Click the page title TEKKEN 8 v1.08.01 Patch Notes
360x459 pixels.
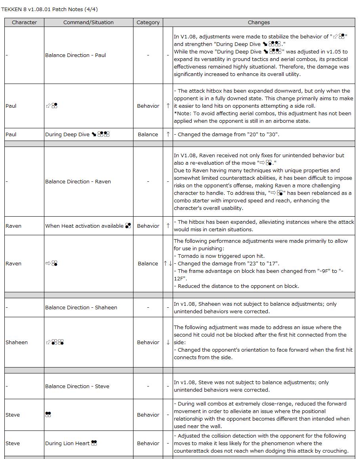click(x=50, y=9)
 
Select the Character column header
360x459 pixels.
click(x=24, y=23)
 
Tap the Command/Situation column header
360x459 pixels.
click(x=88, y=23)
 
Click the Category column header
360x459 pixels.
click(x=148, y=23)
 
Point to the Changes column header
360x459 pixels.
click(x=259, y=23)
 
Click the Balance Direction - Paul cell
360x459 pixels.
click(x=75, y=55)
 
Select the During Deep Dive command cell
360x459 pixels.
click(x=77, y=135)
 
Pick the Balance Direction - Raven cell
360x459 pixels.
click(x=78, y=182)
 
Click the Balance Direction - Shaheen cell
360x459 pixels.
click(x=81, y=308)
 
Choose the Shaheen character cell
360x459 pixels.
click(x=17, y=343)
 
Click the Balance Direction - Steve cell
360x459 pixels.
click(x=77, y=387)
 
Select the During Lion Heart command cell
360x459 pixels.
click(x=71, y=444)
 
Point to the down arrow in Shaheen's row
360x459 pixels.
click(x=168, y=343)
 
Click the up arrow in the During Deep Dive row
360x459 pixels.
click(x=168, y=135)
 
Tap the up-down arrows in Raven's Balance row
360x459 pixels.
click(x=168, y=264)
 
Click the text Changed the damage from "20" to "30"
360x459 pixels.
click(x=228, y=135)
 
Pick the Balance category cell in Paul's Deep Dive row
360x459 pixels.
click(x=148, y=135)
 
